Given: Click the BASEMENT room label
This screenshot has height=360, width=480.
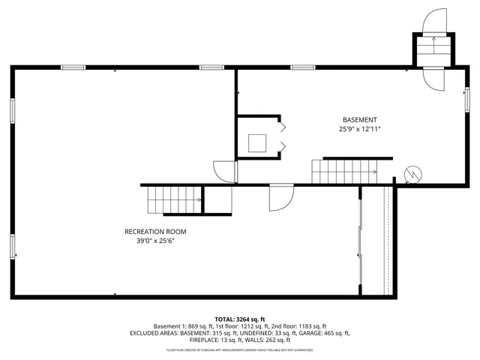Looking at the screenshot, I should [359, 120].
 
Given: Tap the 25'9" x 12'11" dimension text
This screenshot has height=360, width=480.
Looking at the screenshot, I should [359, 129].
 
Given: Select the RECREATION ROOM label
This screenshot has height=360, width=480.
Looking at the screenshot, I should [155, 232].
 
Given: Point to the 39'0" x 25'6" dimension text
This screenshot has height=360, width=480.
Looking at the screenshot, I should [155, 241].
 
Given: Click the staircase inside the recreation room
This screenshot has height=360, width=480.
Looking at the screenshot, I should [174, 199].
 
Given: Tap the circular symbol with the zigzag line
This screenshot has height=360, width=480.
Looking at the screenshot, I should [412, 174].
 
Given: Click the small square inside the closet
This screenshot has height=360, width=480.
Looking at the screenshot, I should [258, 142].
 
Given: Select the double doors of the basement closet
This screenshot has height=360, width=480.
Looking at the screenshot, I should [283, 136].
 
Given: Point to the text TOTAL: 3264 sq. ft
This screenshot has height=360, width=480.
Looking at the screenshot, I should [240, 319].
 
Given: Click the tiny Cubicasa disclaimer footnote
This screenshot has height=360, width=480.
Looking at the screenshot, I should [240, 349].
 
